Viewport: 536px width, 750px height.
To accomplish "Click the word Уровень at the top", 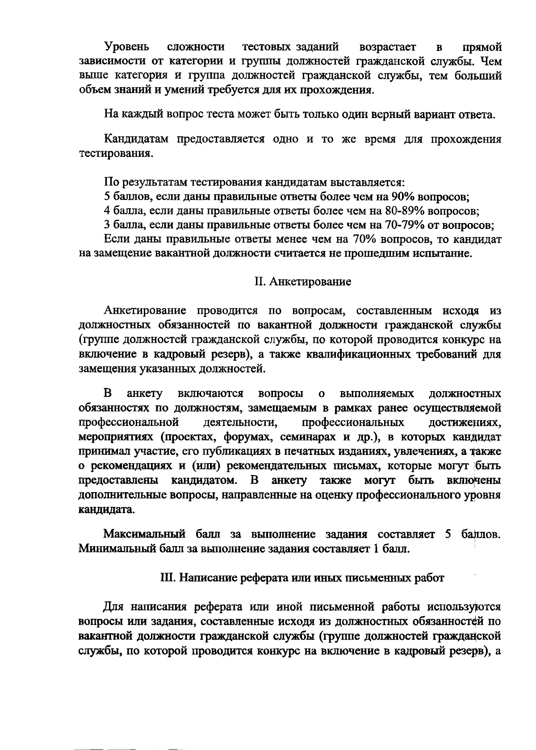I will point(126,47).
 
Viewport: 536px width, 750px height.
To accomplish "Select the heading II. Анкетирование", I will point(302,282).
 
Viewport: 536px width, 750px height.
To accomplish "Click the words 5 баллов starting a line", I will point(123,197).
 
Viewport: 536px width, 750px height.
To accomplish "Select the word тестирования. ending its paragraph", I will point(116,154).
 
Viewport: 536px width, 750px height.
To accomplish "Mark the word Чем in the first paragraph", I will point(491,61).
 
